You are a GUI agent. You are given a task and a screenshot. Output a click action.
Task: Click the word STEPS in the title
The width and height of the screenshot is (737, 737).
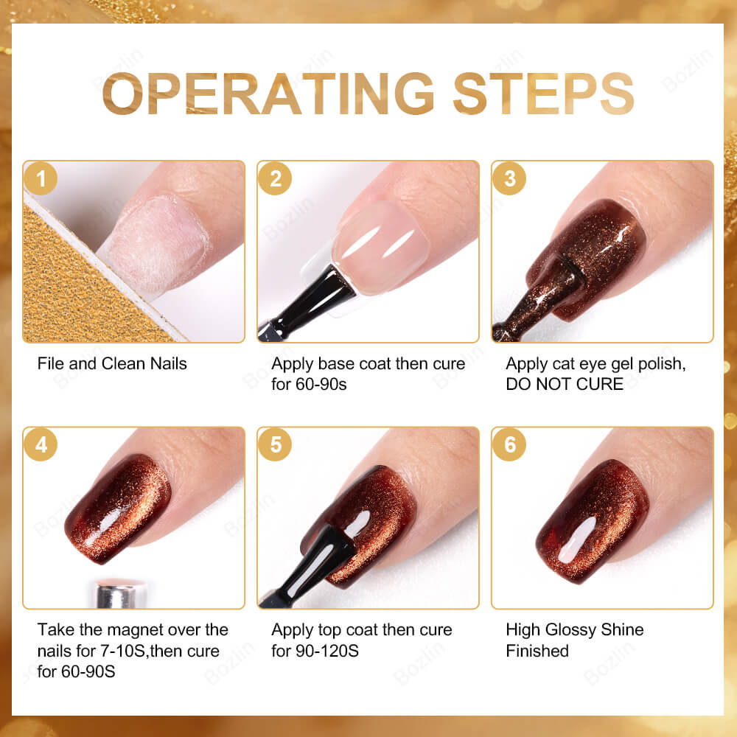(543, 94)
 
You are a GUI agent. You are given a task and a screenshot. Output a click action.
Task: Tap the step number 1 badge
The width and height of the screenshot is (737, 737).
(41, 179)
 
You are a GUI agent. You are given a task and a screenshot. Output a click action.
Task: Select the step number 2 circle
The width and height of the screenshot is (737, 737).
(276, 179)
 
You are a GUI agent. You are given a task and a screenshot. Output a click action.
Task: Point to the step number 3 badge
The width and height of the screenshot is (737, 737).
(509, 179)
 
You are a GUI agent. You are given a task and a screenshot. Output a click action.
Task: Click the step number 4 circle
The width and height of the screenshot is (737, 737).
(41, 444)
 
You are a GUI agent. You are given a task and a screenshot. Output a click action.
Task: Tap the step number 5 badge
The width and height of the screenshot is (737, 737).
(276, 444)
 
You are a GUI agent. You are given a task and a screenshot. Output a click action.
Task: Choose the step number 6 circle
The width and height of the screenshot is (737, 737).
(509, 444)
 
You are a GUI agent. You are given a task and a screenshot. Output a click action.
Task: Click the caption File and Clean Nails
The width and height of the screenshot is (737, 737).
(112, 363)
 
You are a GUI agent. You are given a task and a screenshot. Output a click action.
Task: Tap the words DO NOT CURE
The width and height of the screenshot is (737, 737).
(565, 384)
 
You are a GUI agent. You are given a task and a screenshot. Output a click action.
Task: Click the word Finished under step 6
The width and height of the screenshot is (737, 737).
(537, 652)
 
